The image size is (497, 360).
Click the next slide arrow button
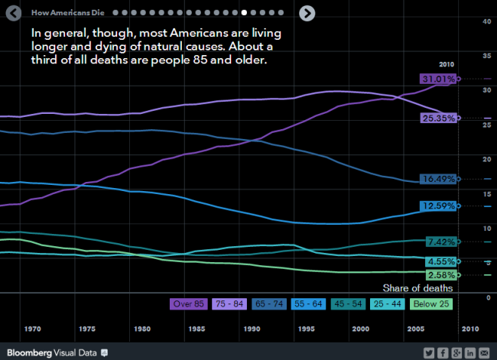[307, 12]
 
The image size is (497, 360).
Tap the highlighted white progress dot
[244, 13]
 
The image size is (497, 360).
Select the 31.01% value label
[438, 79]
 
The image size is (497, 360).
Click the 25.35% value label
[438, 118]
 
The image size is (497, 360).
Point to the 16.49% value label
[438, 179]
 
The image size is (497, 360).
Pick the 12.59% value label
[438, 206]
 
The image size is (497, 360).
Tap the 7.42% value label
[440, 242]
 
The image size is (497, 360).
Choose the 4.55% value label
[440, 261]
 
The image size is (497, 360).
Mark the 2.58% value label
[440, 275]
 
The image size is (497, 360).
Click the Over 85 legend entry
[188, 304]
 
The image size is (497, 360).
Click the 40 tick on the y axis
[486, 21]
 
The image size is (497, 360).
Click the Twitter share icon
[430, 352]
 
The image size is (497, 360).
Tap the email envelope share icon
[485, 352]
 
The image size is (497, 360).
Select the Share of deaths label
[418, 288]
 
